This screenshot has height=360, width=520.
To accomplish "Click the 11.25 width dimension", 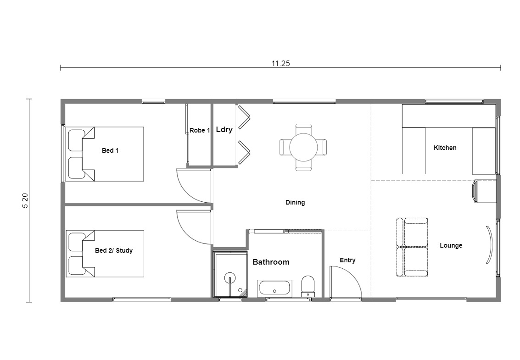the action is [x=280, y=63].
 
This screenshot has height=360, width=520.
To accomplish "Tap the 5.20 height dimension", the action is [x=26, y=200].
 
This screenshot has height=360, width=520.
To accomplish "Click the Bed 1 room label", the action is [x=110, y=150].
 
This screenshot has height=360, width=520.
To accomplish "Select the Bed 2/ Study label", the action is [x=114, y=250].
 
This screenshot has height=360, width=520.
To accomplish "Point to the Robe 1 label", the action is [x=200, y=131].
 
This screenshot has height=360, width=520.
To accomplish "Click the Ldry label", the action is [x=224, y=130].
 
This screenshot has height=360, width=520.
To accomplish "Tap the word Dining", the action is [x=295, y=203].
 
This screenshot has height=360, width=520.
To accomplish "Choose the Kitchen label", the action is [x=445, y=148].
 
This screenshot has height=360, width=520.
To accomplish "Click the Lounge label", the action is [x=451, y=246].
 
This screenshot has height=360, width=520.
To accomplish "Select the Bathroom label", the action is [x=271, y=262].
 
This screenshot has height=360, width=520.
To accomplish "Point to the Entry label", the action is [x=347, y=260].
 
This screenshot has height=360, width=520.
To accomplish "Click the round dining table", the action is [x=303, y=147].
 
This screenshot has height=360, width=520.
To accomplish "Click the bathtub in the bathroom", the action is [x=274, y=288].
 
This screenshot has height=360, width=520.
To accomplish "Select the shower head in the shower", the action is [x=229, y=278].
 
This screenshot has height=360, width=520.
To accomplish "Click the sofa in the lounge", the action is [x=412, y=247].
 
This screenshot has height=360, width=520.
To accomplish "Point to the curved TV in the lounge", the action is [x=490, y=244].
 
